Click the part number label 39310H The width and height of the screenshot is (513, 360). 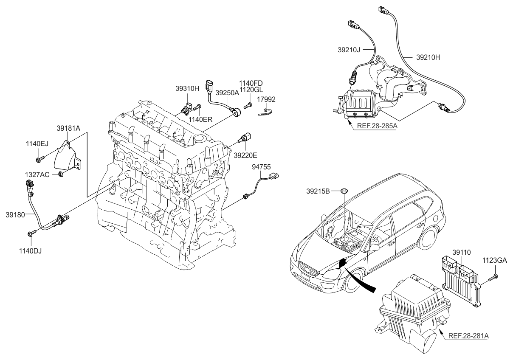point(187,89)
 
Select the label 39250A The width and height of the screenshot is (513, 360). point(228,92)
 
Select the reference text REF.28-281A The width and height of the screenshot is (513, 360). point(468,336)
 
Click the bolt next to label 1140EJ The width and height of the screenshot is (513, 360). point(39,159)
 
